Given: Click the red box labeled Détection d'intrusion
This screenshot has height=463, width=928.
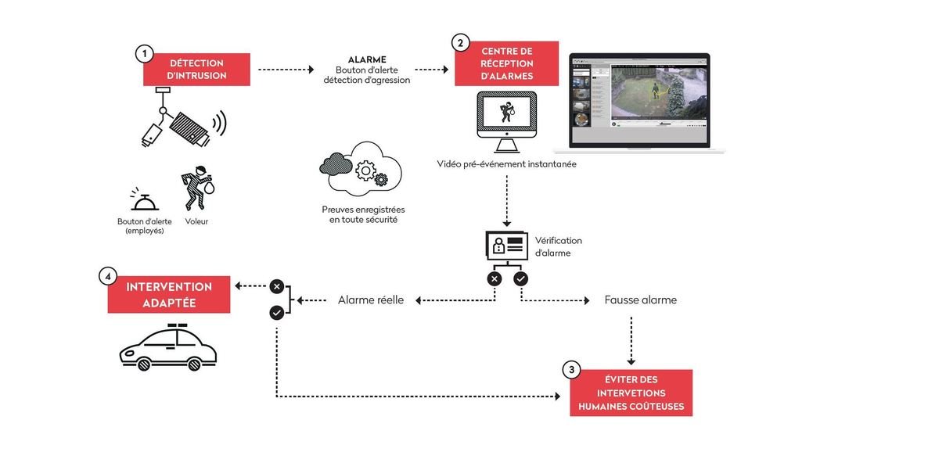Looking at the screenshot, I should (x=196, y=70).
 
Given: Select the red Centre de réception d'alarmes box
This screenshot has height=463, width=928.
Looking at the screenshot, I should (x=506, y=63).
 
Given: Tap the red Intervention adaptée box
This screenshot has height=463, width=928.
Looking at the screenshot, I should (x=169, y=294).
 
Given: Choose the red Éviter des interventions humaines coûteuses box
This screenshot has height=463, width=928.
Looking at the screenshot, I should (x=631, y=393).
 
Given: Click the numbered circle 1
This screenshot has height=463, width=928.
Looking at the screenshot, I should (x=144, y=53).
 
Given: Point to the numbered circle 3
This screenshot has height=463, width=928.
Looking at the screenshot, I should (x=571, y=369).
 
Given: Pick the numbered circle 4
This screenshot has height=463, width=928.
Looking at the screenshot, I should (x=108, y=276).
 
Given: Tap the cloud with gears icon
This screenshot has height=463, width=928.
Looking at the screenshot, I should (x=361, y=168).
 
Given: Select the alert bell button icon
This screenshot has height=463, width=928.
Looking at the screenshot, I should (x=145, y=201).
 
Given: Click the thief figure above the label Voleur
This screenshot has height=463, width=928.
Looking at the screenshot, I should (x=197, y=188).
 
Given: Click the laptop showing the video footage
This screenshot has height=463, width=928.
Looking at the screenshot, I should (x=639, y=102).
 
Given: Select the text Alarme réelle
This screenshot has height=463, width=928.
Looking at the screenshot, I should (x=371, y=300).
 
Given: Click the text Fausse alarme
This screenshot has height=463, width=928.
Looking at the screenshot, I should (x=640, y=300).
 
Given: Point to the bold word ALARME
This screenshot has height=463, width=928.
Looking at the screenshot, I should (x=367, y=59).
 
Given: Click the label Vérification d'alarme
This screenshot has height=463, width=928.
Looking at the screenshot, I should (x=558, y=246).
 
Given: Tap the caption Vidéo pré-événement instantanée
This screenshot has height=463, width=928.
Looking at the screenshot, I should (x=506, y=164).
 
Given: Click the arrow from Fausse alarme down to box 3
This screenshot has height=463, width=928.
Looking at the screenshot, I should (x=631, y=339).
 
